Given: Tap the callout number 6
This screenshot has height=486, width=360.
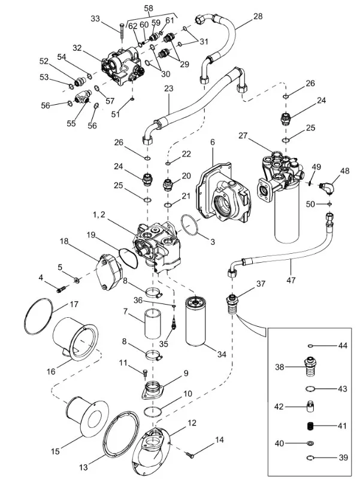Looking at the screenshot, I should pyautogui.click(x=212, y=142).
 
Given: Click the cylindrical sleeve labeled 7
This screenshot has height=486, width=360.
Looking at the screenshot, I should pyautogui.click(x=153, y=324).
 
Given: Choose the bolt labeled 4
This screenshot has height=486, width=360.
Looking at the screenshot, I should pyautogui.click(x=60, y=290).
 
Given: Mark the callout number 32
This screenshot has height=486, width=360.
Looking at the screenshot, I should pyautogui.click(x=77, y=48).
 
